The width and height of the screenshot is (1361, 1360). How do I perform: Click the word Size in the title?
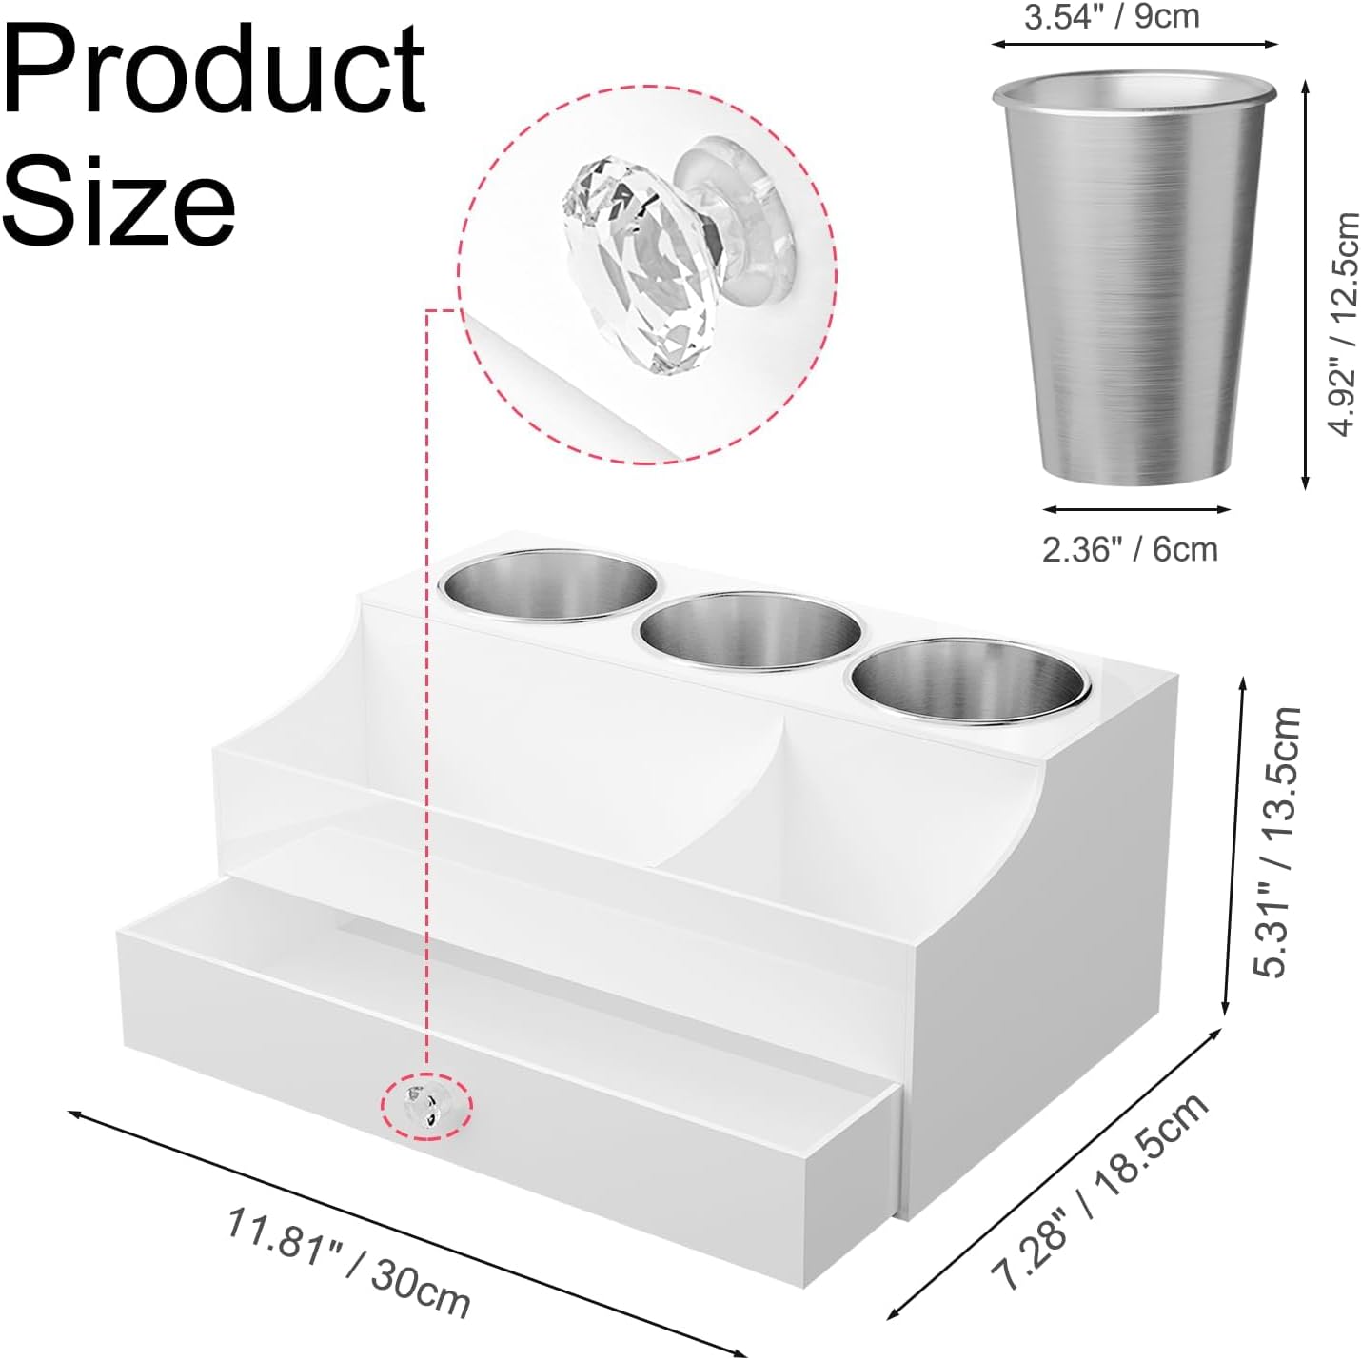pyautogui.click(x=119, y=202)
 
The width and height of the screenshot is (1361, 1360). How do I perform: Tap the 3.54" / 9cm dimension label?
pyautogui.click(x=1112, y=17)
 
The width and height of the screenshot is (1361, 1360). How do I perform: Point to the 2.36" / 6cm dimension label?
pyautogui.click(x=1130, y=549)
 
